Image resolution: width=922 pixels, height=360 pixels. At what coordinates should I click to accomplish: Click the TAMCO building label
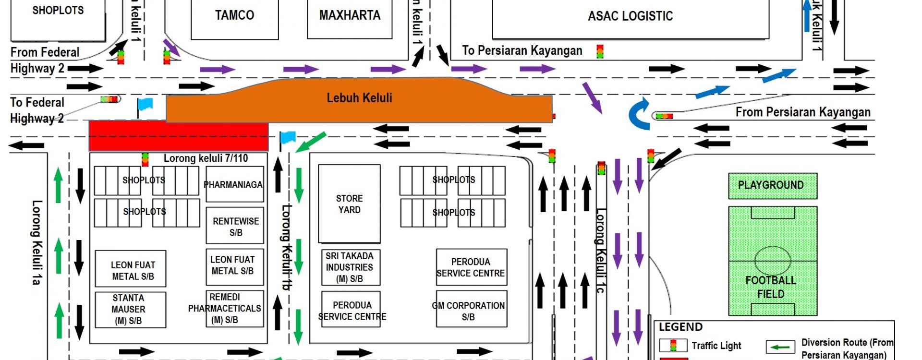pyautogui.click(x=234, y=15)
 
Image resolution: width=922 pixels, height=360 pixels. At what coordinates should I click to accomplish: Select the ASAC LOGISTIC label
pyautogui.click(x=630, y=16)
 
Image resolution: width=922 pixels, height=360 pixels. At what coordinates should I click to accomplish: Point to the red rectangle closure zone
pyautogui.click(x=178, y=136)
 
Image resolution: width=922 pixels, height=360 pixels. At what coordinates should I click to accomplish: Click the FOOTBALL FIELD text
pyautogui.click(x=770, y=287)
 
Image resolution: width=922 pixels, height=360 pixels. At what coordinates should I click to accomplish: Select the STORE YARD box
pyautogui.click(x=349, y=204)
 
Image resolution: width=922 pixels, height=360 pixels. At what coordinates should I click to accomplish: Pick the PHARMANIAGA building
pyautogui.click(x=233, y=185)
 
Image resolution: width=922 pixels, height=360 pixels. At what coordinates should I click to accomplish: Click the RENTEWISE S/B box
pyautogui.click(x=235, y=227)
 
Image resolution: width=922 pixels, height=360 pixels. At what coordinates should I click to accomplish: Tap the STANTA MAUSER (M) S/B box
pyautogui.click(x=129, y=310)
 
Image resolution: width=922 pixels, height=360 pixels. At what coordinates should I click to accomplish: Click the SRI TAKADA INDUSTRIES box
pyautogui.click(x=350, y=267)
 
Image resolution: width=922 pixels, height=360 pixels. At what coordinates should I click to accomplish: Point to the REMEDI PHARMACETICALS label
pyautogui.click(x=225, y=308)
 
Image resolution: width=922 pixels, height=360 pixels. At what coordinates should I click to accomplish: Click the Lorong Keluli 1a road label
pyautogui.click(x=36, y=242)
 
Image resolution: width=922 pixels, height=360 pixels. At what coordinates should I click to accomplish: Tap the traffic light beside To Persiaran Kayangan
pyautogui.click(x=600, y=51)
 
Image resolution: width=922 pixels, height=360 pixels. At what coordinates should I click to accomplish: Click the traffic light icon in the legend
pyautogui.click(x=673, y=345)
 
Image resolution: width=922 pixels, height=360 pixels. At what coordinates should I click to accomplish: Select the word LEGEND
pyautogui.click(x=680, y=327)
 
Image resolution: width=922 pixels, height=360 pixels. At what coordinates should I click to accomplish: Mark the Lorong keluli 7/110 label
pyautogui.click(x=206, y=158)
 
